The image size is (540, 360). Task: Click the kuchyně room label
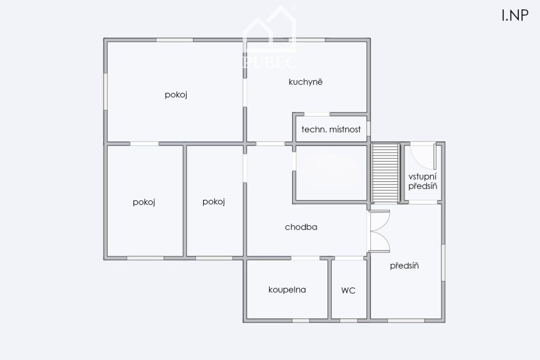(305, 82)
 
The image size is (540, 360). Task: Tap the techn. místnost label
(331, 130)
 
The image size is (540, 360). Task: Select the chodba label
(301, 227)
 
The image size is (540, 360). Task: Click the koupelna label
(287, 290)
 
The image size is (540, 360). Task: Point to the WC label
(348, 290)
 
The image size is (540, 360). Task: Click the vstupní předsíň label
(422, 181)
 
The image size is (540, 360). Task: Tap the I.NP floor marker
(515, 15)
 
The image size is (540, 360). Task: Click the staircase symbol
(385, 173)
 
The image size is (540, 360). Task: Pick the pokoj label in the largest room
(176, 95)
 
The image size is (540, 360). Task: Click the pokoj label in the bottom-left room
(144, 202)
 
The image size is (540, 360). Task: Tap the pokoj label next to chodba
(214, 202)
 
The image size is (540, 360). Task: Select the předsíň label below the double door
(404, 266)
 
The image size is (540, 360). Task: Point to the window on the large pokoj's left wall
(105, 91)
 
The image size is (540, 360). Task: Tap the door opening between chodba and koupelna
(305, 258)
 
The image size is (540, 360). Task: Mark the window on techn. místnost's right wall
(369, 129)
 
